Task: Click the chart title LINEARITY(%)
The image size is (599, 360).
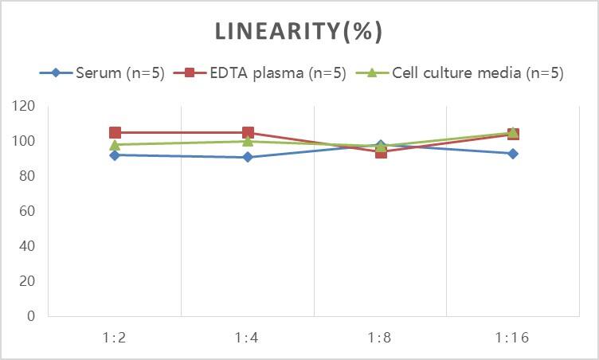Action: (299, 32)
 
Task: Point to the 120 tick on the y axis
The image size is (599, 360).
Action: (24, 106)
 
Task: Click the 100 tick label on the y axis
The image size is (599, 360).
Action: (24, 141)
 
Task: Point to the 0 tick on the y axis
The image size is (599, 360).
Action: (30, 316)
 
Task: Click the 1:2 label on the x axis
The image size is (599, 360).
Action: (115, 337)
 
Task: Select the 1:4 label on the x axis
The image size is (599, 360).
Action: (248, 337)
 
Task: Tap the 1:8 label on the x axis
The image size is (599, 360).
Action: (381, 337)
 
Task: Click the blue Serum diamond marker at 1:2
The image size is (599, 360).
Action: (115, 155)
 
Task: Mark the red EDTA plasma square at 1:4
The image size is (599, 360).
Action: (248, 133)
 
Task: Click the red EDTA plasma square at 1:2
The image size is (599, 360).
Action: (115, 133)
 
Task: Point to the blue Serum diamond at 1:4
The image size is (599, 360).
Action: (248, 157)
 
